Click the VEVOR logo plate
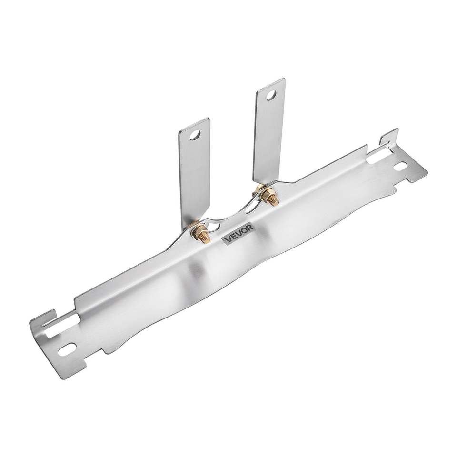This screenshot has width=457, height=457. (x=238, y=233)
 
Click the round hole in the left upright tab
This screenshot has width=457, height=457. (x=195, y=135)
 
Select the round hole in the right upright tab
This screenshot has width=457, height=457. (x=271, y=95)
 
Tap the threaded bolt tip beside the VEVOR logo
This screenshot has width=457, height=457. (x=206, y=238)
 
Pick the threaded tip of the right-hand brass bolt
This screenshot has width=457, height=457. (x=275, y=201)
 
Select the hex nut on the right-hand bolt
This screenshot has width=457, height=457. (x=267, y=194)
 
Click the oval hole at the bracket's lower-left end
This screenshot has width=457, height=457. (x=67, y=349)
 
